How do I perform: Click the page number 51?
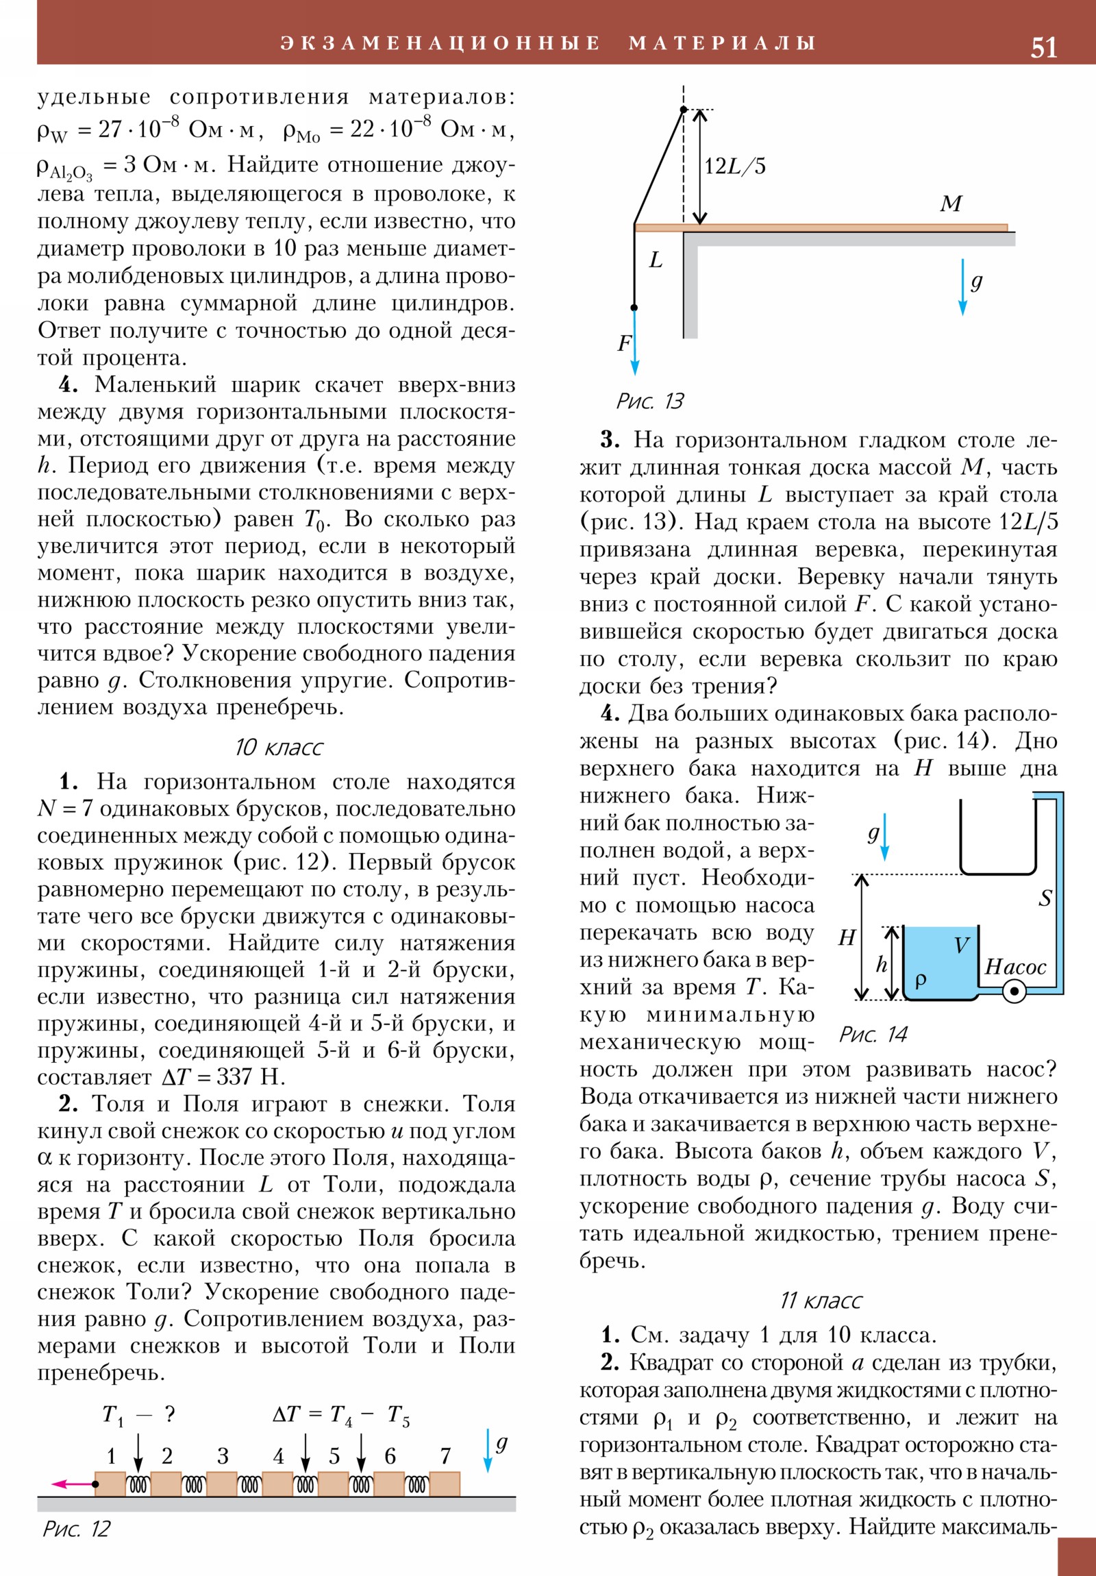tap(1043, 47)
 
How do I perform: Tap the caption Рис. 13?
tap(649, 401)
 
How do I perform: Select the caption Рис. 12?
tap(76, 1529)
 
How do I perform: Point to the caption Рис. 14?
tap(873, 1034)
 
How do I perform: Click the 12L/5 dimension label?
tap(735, 166)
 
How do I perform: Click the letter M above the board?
tap(951, 204)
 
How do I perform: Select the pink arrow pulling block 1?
tap(72, 1484)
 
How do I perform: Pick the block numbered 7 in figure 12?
tap(445, 1484)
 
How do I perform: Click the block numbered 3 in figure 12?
tap(222, 1484)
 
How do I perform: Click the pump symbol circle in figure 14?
tap(1014, 992)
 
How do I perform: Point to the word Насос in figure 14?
tap(1015, 967)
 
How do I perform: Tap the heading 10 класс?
tap(278, 747)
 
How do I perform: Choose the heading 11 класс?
tap(820, 1300)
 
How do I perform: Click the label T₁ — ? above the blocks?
tap(138, 1414)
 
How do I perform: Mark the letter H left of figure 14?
tap(847, 937)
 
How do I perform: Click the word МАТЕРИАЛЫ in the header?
tap(722, 42)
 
